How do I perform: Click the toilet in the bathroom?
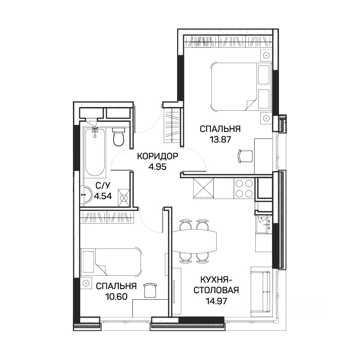tap(119, 137)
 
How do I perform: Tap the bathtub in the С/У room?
tap(95, 153)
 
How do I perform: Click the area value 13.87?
tap(220, 140)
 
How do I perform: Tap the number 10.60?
tap(116, 297)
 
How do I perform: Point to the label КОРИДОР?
tap(158, 156)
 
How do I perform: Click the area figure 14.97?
tap(216, 301)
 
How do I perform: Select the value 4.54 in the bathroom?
tap(103, 196)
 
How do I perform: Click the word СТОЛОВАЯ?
tap(216, 290)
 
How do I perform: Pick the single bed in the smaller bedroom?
tap(111, 262)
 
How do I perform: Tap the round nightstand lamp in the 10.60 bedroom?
tap(86, 283)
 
